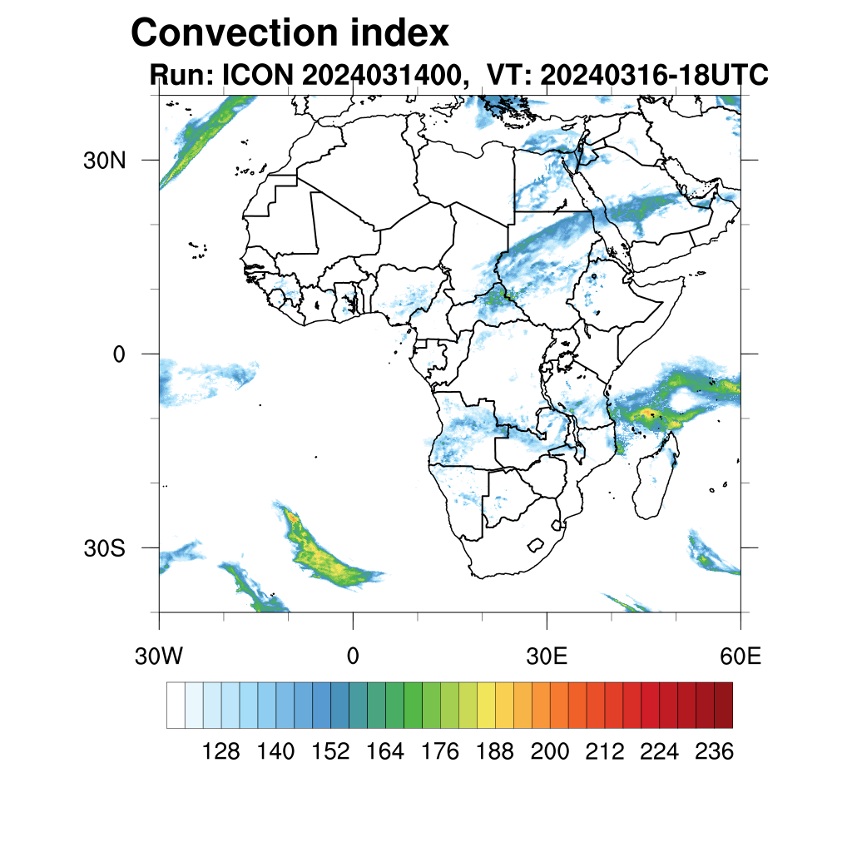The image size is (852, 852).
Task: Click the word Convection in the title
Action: [235, 33]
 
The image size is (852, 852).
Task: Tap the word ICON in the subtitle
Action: [255, 75]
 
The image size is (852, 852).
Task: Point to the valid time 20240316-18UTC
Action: [653, 75]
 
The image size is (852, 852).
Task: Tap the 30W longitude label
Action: [158, 656]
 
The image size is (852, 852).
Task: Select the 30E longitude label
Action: [547, 656]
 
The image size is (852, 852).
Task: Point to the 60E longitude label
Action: [741, 656]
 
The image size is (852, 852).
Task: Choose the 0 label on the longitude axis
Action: [353, 656]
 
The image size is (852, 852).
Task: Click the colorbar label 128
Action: [221, 752]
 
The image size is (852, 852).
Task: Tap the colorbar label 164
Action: [385, 752]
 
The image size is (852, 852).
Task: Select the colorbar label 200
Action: [550, 752]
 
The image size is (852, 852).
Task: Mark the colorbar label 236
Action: [714, 752]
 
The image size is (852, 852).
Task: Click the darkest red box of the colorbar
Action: [723, 705]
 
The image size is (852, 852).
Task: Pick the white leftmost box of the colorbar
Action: [176, 705]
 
